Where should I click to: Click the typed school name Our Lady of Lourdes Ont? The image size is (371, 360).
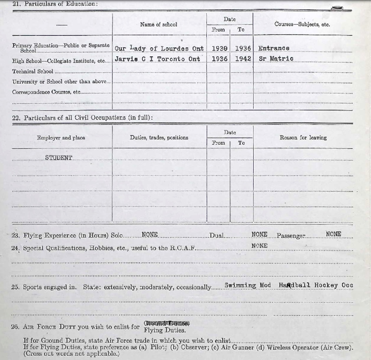pos(159,49)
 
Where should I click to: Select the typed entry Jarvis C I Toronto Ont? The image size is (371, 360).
pos(157,59)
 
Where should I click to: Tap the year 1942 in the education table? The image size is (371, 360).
pos(243,59)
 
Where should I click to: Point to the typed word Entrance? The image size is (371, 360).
pos(274,48)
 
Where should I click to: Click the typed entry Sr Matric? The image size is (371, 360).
pos(276,58)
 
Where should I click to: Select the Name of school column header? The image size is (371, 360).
pos(159,24)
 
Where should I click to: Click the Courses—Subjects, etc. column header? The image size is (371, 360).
pos(302,24)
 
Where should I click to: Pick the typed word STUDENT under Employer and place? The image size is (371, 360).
pos(59,158)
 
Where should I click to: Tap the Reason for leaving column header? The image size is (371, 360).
pos(303,138)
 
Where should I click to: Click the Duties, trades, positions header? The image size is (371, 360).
pos(159,138)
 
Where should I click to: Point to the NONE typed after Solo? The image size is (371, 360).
pos(150,234)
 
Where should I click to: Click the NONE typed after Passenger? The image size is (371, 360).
pos(333,234)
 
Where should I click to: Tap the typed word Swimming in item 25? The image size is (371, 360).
pos(240,285)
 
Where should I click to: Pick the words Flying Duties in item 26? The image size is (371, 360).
pos(165,330)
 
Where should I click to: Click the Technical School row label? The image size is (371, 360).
pos(33,71)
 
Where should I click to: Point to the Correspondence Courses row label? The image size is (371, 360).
pos(46,92)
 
